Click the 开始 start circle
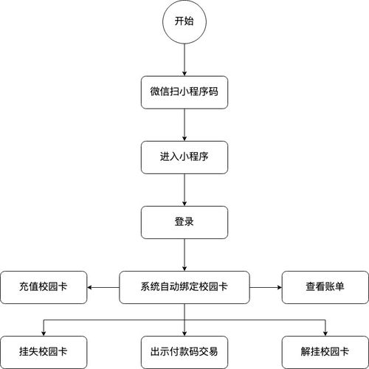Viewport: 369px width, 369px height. point(184,21)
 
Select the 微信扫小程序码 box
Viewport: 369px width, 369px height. point(184,92)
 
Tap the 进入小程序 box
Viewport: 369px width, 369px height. point(184,157)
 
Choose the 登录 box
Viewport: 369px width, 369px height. point(184,222)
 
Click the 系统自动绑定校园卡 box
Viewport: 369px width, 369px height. point(184,287)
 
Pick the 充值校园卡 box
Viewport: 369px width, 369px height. point(44,287)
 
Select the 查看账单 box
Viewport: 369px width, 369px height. point(325,287)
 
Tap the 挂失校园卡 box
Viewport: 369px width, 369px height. point(44,352)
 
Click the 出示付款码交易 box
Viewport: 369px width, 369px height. point(184,352)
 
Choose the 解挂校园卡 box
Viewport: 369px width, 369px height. point(325,352)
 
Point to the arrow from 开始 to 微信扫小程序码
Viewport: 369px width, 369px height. point(184,60)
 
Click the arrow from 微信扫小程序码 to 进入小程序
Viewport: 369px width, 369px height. point(184,125)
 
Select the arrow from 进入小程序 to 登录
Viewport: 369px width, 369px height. point(184,190)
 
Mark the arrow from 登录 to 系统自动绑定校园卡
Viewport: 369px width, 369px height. point(184,255)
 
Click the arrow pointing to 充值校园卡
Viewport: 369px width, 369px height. point(103,287)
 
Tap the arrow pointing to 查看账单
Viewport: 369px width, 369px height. point(266,287)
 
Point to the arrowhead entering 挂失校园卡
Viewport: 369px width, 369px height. point(44,334)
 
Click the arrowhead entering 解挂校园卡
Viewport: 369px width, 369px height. point(325,334)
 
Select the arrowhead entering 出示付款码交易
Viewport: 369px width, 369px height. point(184,334)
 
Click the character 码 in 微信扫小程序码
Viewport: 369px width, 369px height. point(213,92)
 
